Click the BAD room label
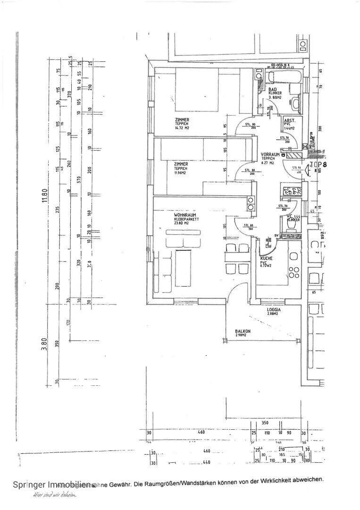(x=272, y=90)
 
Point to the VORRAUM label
(x=269, y=155)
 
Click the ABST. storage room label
(x=289, y=121)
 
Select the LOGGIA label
(x=274, y=310)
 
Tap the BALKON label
(x=243, y=331)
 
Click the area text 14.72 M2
(x=181, y=127)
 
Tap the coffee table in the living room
(x=182, y=268)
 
